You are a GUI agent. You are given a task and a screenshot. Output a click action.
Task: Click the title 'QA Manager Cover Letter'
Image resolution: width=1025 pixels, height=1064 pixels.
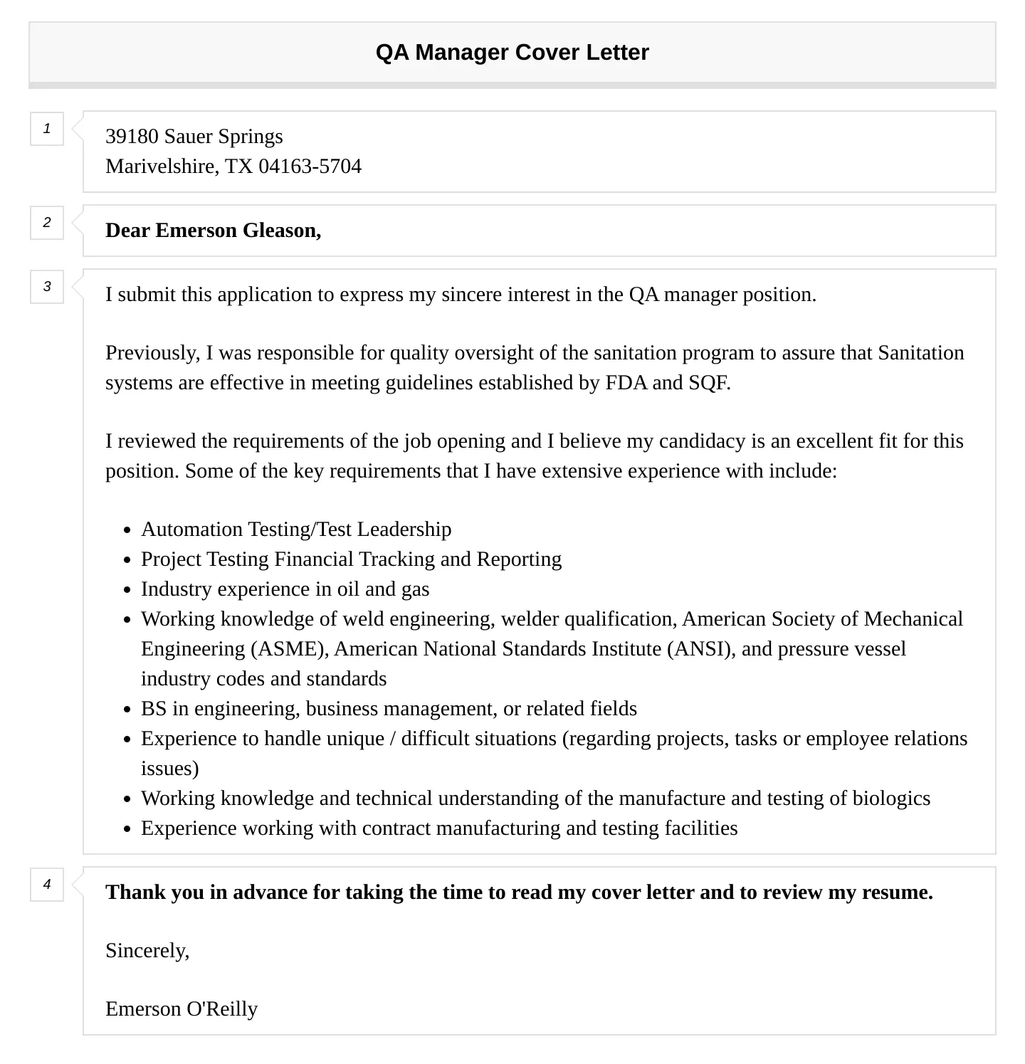(512, 53)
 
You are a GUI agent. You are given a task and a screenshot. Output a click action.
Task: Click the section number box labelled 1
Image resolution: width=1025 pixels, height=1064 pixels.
(47, 129)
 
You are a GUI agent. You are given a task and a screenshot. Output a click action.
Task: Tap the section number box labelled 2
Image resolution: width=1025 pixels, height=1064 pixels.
(47, 223)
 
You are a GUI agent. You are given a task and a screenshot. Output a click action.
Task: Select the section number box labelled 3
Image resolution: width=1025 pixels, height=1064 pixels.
(47, 287)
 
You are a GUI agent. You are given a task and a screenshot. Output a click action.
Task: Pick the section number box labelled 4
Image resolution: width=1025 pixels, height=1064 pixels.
(47, 885)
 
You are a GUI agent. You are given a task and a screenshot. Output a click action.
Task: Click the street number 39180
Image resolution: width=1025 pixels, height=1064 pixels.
(132, 137)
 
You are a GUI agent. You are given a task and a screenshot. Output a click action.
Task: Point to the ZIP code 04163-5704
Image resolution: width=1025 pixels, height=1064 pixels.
(310, 167)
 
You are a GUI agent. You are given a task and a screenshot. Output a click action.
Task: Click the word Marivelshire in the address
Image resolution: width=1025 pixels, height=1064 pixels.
(161, 167)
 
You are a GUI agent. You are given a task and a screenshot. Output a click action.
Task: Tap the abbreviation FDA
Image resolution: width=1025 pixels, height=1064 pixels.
(626, 383)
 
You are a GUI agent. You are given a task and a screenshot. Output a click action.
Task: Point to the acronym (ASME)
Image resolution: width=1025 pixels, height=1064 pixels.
(288, 649)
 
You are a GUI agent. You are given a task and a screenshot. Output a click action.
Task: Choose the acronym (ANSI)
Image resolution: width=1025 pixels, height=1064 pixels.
(700, 649)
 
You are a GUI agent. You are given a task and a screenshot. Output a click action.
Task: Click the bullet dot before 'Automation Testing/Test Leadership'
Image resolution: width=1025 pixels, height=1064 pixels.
(127, 530)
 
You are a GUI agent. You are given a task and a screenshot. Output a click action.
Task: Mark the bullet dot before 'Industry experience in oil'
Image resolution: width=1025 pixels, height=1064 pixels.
(127, 590)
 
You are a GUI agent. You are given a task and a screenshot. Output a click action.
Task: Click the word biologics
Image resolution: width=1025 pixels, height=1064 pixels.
(891, 799)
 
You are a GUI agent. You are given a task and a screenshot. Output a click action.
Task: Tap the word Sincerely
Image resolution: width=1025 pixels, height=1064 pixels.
(147, 951)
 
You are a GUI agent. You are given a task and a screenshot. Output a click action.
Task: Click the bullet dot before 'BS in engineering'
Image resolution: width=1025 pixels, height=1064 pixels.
(127, 710)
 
